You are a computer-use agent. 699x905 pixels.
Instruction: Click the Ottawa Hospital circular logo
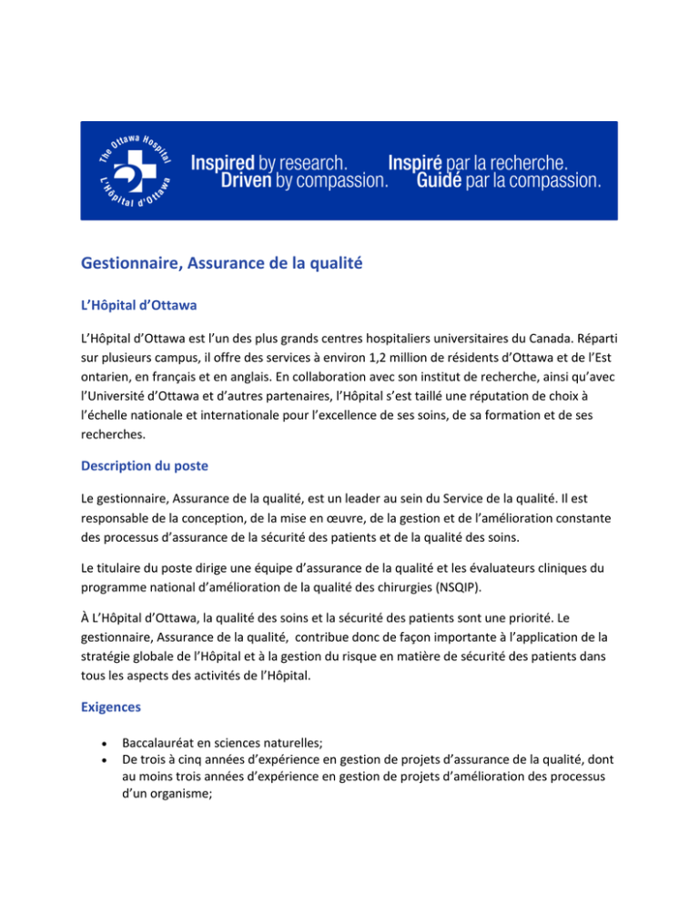click(x=136, y=171)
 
